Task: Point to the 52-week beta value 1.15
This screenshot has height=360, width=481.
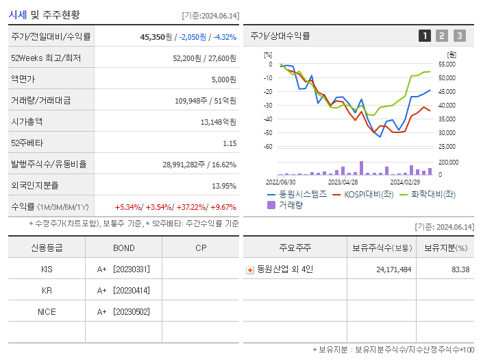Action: tap(229, 143)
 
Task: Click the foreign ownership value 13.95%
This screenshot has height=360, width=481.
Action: tap(223, 186)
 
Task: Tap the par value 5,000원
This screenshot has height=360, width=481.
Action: tap(223, 79)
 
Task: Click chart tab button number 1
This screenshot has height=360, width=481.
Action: tap(425, 36)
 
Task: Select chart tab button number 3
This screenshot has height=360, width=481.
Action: tap(459, 36)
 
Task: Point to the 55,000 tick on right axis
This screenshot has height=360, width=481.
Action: tap(446, 64)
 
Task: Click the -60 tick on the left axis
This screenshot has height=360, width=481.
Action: tap(268, 146)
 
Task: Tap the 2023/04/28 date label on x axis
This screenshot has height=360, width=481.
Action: tap(343, 182)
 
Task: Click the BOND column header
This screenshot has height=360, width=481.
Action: tap(123, 248)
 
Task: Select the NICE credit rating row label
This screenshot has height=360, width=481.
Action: tap(47, 311)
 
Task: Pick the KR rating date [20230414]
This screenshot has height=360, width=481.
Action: tap(132, 290)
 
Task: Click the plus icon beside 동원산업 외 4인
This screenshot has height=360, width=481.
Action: tap(250, 269)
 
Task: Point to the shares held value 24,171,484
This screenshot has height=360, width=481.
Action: tap(393, 269)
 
